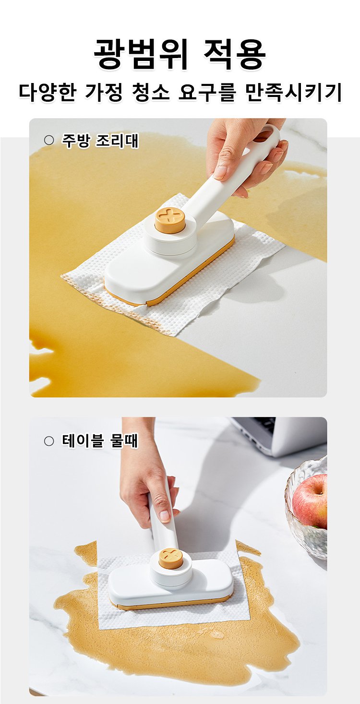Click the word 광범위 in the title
tap(141, 54)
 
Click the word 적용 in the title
tap(235, 54)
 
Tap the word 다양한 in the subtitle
tap(48, 93)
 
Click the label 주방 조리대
tap(100, 141)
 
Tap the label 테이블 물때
tap(100, 441)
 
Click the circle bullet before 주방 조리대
tap(49, 140)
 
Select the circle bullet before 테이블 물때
tap(49, 441)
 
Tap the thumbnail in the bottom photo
tap(165, 515)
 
